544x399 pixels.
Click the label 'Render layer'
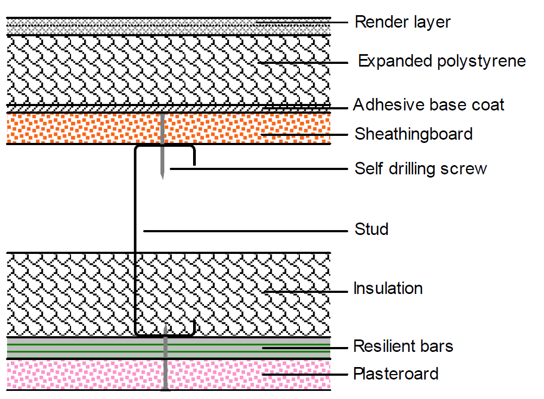click(x=402, y=22)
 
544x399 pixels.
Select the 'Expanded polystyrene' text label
click(x=441, y=61)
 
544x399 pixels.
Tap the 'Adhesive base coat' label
click(x=428, y=104)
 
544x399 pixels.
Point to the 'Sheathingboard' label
click(x=413, y=134)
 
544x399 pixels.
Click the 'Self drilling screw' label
click(x=420, y=168)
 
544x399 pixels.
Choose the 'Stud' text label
click(x=372, y=229)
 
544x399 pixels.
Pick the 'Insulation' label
click(x=388, y=288)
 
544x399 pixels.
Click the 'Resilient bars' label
click(x=403, y=346)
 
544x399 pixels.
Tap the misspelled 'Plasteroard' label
click(x=395, y=374)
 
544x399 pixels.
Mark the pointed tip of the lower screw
click(x=165, y=326)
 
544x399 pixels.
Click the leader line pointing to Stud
click(x=244, y=231)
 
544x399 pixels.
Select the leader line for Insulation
click(x=304, y=291)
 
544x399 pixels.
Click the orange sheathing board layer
click(x=81, y=128)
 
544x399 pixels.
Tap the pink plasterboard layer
click(x=81, y=375)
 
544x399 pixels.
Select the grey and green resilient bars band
click(x=81, y=348)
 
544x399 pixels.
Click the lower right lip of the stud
click(x=194, y=327)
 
